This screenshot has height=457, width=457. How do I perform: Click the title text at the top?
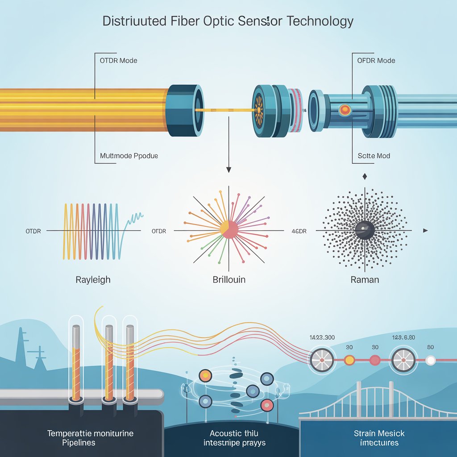228,22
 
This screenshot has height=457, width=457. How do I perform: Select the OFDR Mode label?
376,60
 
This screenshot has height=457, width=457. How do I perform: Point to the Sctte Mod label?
374,156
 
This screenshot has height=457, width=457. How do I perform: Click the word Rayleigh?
93,280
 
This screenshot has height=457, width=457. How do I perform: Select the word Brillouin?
229,280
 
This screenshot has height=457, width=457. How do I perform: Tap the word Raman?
365,280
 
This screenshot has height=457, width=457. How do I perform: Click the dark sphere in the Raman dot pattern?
364,230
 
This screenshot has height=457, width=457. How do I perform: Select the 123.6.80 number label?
404,338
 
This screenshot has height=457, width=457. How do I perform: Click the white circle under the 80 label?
431,360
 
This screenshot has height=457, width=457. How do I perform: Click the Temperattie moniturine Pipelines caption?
90,437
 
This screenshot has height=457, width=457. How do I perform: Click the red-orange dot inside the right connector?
345,109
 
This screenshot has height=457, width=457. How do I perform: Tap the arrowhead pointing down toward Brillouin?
229,170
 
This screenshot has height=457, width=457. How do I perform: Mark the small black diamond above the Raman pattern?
365,177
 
